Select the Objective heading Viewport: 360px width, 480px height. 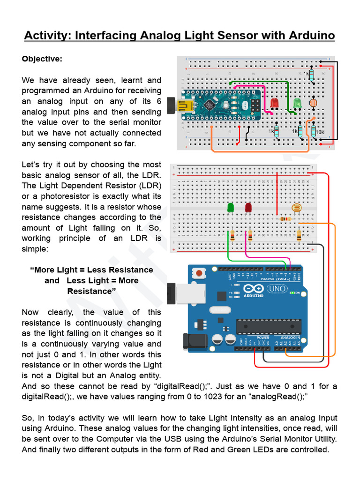click(42, 59)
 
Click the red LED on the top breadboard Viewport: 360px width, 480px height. click(275, 103)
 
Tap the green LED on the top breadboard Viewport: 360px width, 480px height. click(297, 103)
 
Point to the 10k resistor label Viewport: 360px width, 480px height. click(320, 132)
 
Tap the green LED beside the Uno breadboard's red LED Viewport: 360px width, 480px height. click(230, 207)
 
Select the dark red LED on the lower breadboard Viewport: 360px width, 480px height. click(248, 207)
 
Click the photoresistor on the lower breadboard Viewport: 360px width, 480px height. click(296, 208)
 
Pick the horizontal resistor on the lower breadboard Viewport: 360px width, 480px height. click(285, 219)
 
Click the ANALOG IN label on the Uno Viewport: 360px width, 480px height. click(290, 337)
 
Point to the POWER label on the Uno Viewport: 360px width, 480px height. click(262, 337)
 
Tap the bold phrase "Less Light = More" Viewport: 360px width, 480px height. click(103, 280)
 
